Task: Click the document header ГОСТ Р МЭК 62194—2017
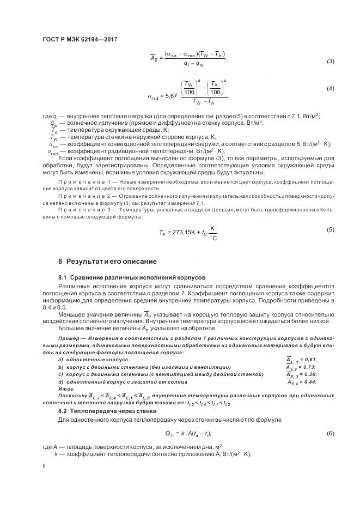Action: click(x=80, y=39)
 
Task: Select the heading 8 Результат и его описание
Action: click(x=107, y=261)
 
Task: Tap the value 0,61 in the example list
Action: click(x=309, y=360)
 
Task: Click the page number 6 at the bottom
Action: click(x=44, y=466)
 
